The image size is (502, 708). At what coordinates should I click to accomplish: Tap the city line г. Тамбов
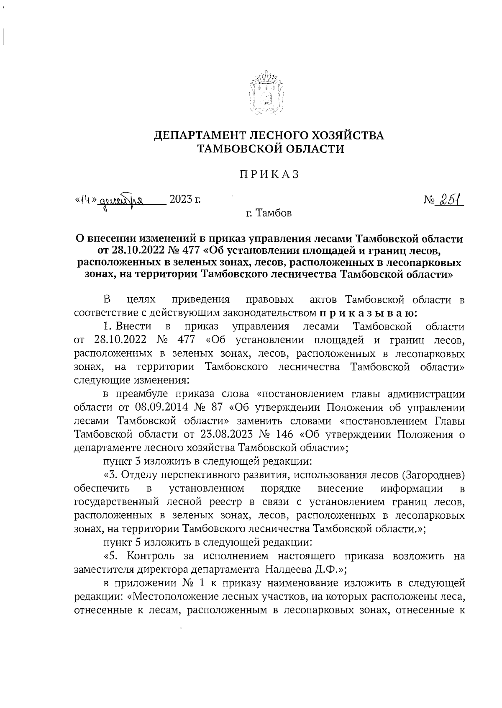269,214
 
